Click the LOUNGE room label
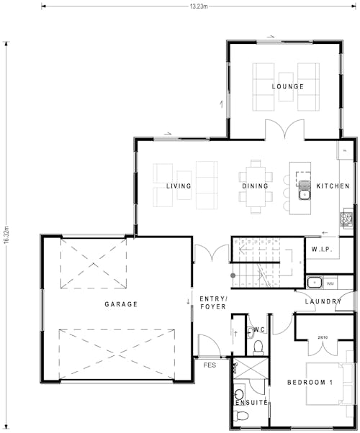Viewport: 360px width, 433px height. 287,86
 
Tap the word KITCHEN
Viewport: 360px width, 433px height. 333,186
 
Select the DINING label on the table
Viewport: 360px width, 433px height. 256,186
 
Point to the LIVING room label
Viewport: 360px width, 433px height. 179,186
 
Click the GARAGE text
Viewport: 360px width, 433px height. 121,304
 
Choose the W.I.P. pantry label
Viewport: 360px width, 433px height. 321,249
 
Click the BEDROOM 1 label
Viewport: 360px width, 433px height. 310,381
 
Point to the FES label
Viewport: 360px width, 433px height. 210,365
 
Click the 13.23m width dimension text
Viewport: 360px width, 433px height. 199,6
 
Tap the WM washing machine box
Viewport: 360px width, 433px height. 330,283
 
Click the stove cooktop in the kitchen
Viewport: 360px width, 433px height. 347,216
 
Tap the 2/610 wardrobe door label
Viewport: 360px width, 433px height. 323,337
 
